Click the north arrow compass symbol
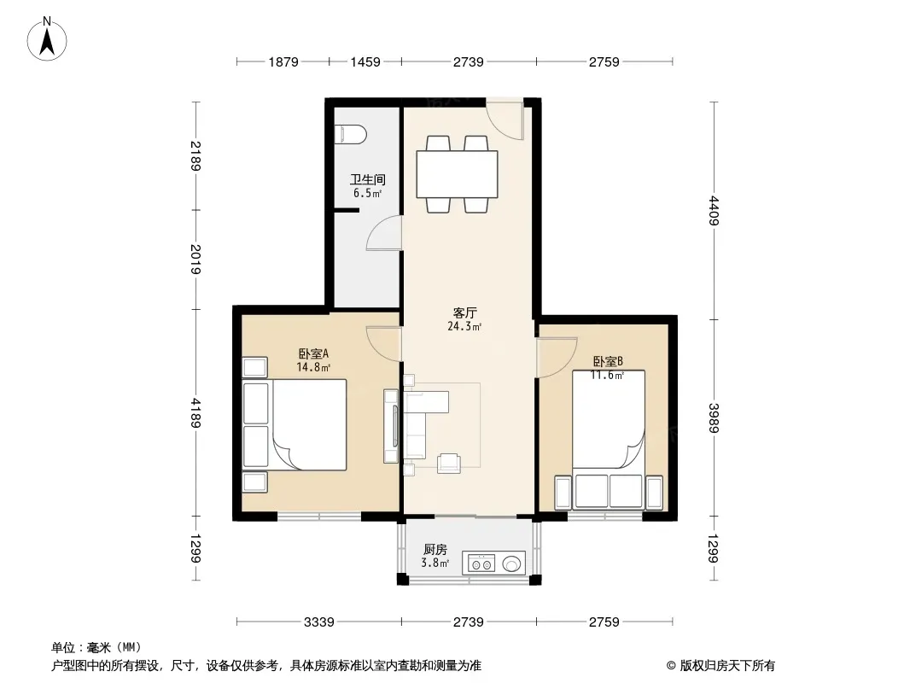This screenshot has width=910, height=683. coord(47,39)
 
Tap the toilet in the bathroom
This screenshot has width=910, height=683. coord(351,135)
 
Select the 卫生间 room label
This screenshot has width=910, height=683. coord(367,179)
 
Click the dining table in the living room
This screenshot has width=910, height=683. coord(457,174)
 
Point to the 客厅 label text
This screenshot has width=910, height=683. coord(465,312)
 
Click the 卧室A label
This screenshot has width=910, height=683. coord(313,353)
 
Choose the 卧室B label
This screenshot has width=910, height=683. coord(608,361)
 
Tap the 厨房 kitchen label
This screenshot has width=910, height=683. coord(435,549)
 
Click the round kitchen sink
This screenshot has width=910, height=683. coord(512,563)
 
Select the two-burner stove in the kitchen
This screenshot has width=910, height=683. coord(481,563)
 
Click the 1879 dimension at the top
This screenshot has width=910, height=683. coord(283,61)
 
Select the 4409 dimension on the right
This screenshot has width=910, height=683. coord(714,211)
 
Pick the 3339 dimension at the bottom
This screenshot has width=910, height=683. coord(318,622)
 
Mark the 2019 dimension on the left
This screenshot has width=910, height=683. coord(195,259)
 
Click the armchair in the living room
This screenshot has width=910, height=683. coord(449,463)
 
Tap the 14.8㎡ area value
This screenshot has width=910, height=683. coord(313,367)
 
